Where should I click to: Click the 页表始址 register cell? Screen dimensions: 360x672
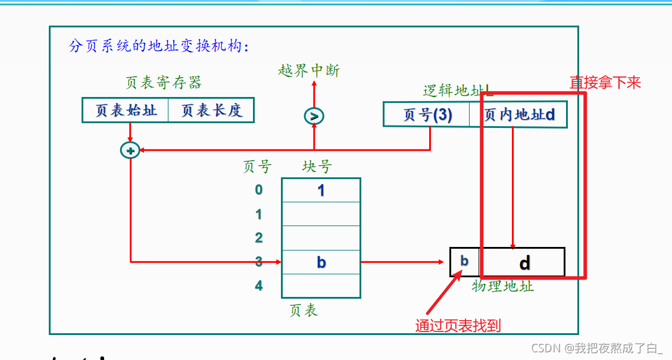pos(125,111)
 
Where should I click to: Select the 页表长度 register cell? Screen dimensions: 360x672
pos(211,111)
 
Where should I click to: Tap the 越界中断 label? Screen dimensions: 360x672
pos(308,71)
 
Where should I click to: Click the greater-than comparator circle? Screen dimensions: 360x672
pos(314,116)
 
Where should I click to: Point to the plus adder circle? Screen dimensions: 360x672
pos(130,151)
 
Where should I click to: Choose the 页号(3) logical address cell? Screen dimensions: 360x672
pos(427,114)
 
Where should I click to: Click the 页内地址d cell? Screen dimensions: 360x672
pos(518,114)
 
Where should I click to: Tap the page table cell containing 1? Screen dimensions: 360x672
pos(321,190)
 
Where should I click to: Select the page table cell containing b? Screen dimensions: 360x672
pos(321,262)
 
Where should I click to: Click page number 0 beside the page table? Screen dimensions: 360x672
pos(258,190)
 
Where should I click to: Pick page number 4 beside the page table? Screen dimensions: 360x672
pos(258,286)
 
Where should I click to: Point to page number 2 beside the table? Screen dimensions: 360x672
pos(258,238)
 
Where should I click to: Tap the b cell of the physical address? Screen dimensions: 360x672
pos(464,262)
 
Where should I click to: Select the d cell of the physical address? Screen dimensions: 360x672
pos(523,262)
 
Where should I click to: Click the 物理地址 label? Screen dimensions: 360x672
pos(502,287)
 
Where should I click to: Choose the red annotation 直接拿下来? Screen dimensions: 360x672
pos(605,83)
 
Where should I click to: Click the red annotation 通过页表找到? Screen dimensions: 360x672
pos(458,325)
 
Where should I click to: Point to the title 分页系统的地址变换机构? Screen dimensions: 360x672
pos(160,46)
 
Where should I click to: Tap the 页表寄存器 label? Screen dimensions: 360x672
pos(164,83)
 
